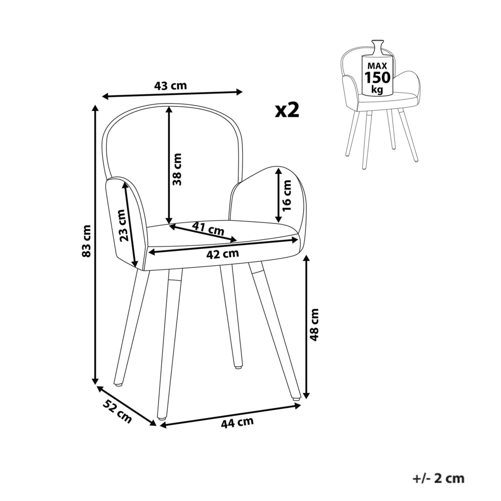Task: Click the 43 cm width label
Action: [170, 86]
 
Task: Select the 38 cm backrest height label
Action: [177, 169]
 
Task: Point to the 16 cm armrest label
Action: [287, 195]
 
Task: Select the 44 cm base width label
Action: [237, 422]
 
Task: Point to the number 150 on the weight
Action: [378, 78]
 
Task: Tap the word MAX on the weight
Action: [377, 66]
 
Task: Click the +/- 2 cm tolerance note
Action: [438, 478]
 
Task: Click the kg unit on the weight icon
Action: [377, 90]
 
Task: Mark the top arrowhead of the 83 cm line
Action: [95, 108]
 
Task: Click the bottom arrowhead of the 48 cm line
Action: [307, 395]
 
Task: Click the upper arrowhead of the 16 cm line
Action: [278, 171]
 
